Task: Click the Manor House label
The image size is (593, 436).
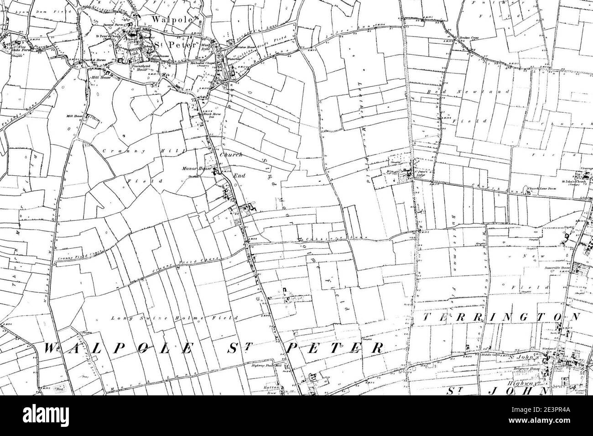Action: pyautogui.click(x=203, y=168)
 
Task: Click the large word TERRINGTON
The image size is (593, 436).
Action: pyautogui.click(x=497, y=317)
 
